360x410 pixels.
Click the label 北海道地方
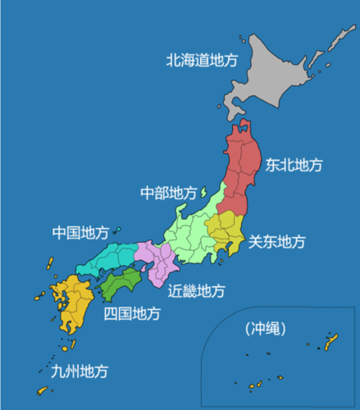tap(203, 60)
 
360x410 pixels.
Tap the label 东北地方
tap(293, 165)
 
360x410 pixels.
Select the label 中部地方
tap(168, 193)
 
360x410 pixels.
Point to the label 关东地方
tap(276, 242)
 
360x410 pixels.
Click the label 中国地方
tap(80, 233)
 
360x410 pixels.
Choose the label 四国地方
tap(131, 312)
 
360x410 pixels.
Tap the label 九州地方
tap(79, 371)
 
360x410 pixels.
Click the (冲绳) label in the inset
tap(265, 330)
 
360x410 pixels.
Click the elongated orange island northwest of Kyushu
tap(48, 266)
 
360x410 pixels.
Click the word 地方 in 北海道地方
tap(225, 60)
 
